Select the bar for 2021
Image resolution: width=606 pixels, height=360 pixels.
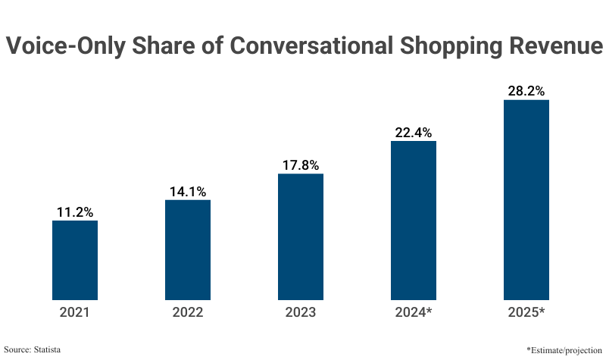click(74, 260)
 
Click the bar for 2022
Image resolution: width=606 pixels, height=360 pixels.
click(187, 250)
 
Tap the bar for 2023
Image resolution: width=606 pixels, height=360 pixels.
click(301, 236)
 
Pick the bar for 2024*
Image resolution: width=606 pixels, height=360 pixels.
click(414, 220)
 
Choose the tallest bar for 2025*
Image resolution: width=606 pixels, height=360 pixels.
click(526, 199)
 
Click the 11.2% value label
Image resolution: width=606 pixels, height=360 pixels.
click(74, 212)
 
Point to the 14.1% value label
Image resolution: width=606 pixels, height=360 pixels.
click(187, 192)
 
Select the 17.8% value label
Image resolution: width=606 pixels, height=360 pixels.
click(301, 165)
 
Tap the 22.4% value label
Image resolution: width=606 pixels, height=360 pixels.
click(414, 133)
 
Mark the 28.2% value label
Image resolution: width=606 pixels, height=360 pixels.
click(526, 91)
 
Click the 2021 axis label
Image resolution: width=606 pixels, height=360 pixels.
click(74, 311)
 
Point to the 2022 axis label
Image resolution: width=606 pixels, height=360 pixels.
click(187, 311)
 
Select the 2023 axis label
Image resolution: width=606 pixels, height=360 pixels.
click(301, 311)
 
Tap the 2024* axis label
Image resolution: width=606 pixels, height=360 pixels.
click(414, 311)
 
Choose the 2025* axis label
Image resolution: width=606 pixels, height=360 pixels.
click(526, 311)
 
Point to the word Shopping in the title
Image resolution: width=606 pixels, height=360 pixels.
click(440, 47)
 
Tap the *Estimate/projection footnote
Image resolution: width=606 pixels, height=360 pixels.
click(564, 349)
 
